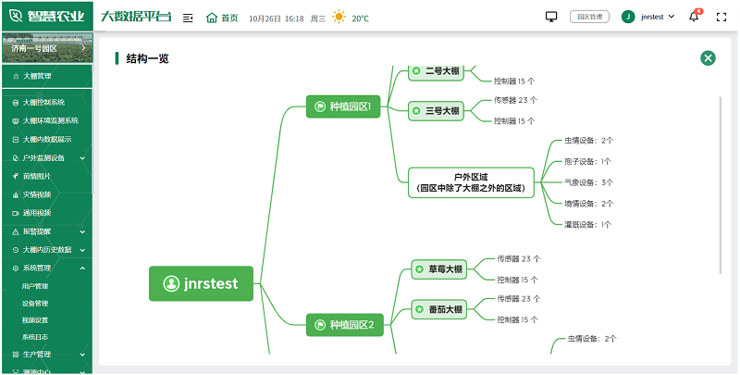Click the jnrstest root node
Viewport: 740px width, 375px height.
click(201, 283)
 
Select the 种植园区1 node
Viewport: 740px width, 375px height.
click(343, 106)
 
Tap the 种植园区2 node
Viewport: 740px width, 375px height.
click(343, 324)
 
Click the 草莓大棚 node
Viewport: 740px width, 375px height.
click(438, 269)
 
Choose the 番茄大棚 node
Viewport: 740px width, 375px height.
click(438, 309)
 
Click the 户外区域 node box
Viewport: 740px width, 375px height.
click(471, 181)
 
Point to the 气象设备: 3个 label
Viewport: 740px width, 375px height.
click(588, 182)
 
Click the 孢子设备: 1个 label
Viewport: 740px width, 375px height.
click(588, 161)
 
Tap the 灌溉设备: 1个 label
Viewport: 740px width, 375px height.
click(588, 224)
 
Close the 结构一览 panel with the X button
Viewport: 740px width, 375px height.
click(709, 57)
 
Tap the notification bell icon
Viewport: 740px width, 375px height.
click(694, 17)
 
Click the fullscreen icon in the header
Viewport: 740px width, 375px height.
click(721, 17)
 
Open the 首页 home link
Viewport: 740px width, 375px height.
click(222, 18)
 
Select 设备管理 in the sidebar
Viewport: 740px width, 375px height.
click(35, 303)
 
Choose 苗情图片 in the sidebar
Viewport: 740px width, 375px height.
click(37, 175)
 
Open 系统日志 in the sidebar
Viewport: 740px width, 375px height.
click(35, 337)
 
